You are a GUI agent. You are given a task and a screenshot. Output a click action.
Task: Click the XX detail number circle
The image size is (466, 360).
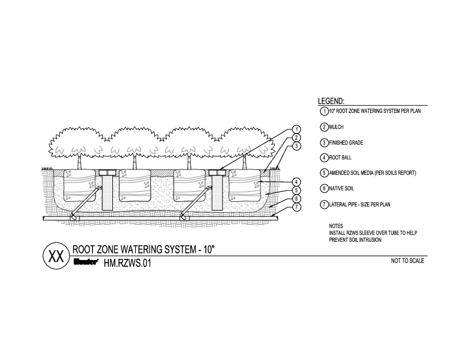point(56,256)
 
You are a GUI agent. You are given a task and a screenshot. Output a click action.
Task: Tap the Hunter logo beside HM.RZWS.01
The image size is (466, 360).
point(86,262)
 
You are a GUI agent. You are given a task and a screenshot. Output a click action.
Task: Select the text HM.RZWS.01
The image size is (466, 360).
point(127,263)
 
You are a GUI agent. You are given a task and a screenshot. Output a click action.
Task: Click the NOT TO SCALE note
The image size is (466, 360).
point(407,261)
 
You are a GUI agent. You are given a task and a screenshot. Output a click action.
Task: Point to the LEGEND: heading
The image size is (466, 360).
point(331,101)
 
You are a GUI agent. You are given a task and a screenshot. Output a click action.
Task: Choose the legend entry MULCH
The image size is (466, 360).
point(336,127)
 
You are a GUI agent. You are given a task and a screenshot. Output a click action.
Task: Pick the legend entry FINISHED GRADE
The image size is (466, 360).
point(346,143)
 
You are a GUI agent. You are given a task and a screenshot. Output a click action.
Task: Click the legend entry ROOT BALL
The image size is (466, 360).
point(340,158)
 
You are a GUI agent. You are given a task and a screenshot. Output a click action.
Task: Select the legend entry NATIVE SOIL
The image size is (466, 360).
point(341,188)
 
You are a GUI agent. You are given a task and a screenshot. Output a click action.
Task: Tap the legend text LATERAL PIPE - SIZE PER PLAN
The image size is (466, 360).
point(360,204)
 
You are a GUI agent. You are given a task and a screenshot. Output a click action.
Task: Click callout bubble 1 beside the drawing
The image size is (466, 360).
point(297,129)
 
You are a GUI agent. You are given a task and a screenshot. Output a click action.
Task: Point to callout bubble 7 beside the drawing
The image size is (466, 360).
point(297,207)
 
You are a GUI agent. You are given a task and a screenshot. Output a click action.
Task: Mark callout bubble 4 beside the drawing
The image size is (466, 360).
point(297,182)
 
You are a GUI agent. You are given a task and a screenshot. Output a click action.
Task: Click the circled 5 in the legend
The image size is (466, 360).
point(324,173)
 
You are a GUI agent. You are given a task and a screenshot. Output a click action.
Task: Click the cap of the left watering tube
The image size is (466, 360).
point(106,172)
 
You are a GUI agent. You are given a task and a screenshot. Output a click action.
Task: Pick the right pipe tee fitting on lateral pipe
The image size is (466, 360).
point(184,218)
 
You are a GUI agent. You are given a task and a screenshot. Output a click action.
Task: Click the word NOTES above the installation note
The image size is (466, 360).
point(336,226)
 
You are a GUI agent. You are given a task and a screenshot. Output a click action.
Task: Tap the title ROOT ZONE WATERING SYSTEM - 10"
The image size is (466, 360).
point(143,249)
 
